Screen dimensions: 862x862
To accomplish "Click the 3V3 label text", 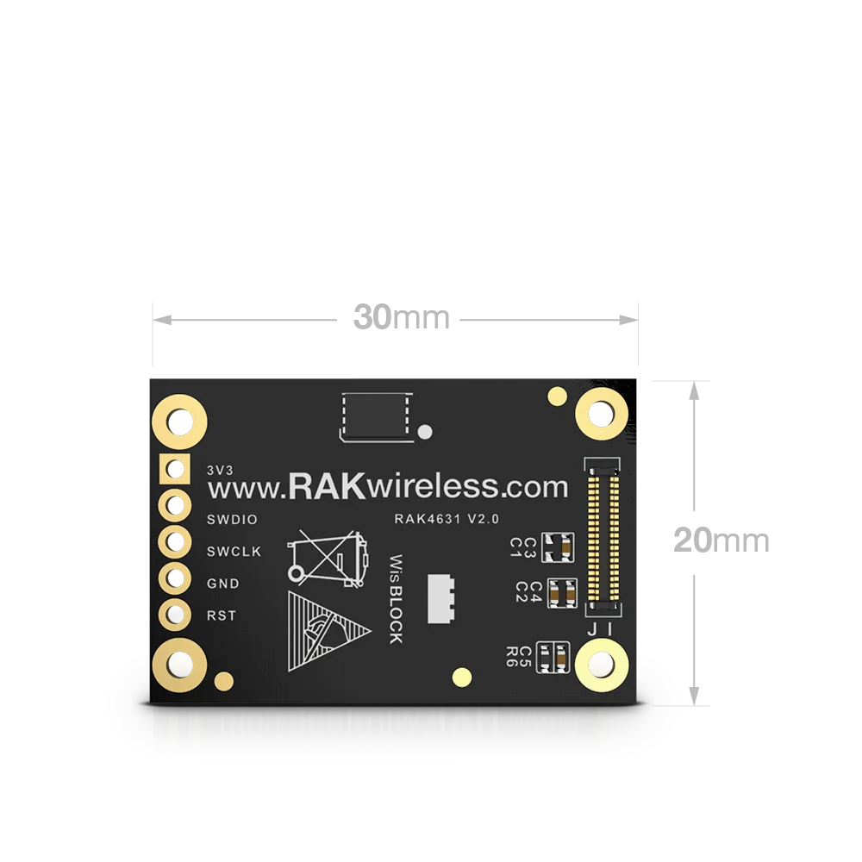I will coord(220,471).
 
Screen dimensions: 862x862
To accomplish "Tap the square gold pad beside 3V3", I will coord(176,470).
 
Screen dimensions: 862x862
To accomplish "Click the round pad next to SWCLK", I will coord(176,542).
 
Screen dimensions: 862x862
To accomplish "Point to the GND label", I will coord(223,584).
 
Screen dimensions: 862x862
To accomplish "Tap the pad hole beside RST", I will coord(176,615).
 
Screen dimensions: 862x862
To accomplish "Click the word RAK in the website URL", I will coord(328,486).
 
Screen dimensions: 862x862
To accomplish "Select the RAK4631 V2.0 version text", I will coord(447,518).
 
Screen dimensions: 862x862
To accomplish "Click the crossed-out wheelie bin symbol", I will coord(328,558).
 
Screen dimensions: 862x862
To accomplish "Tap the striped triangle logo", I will coord(323,632).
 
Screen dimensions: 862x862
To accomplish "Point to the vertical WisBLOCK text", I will coord(395,597).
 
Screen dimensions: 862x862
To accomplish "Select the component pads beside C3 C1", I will coord(560,545).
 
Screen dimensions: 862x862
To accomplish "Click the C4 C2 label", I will coord(528,591).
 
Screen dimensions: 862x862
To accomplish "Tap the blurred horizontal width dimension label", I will coord(402,320).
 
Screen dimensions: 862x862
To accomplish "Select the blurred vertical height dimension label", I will coord(720,540).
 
